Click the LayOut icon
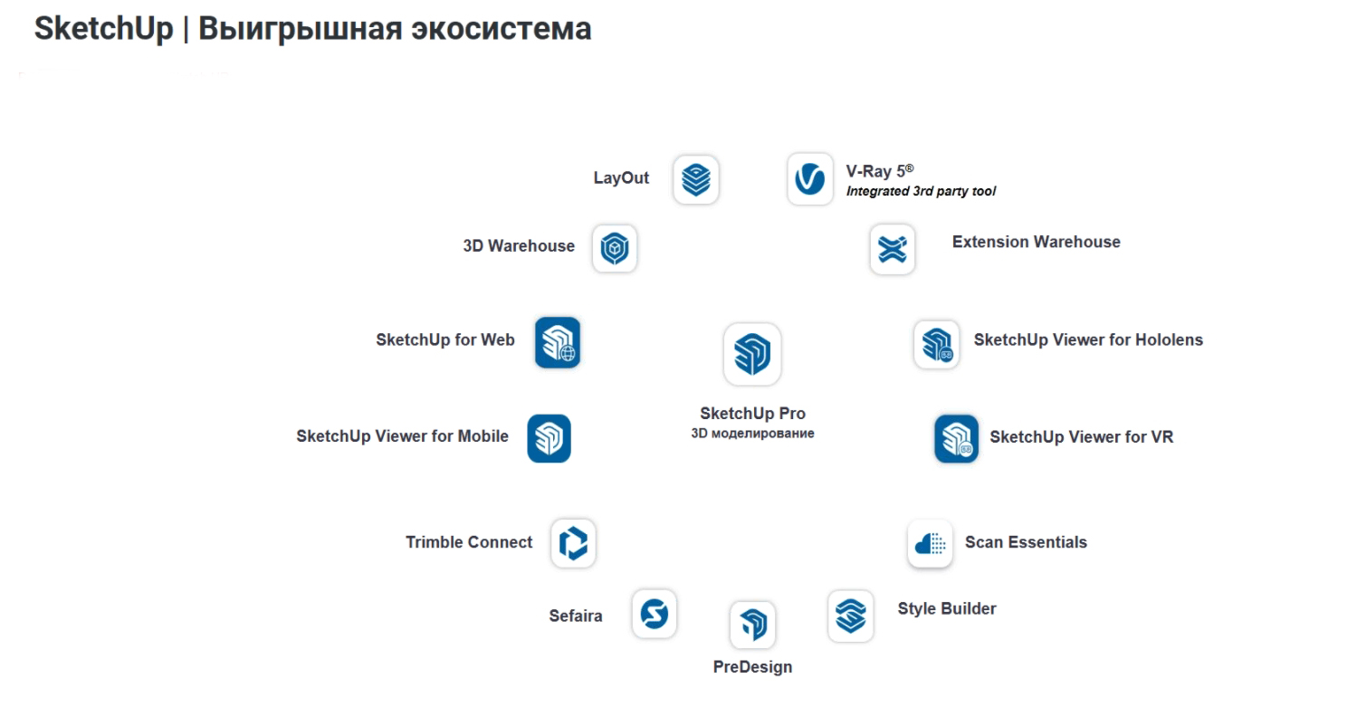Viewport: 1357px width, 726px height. coord(696,179)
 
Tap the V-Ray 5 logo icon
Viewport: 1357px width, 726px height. coord(810,178)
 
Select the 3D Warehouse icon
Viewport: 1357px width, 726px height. coord(615,248)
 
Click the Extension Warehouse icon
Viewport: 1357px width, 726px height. coord(893,249)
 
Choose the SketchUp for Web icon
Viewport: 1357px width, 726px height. coord(558,342)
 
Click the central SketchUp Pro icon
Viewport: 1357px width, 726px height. coord(752,354)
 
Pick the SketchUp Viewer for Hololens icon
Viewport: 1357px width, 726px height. coord(937,344)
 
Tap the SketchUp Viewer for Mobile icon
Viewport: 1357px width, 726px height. coord(549,438)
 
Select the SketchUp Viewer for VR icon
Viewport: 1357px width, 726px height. coord(957,439)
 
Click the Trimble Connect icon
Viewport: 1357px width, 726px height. coord(573,543)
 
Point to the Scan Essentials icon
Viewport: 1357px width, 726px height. coord(930,543)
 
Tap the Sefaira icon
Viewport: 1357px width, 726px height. coord(655,613)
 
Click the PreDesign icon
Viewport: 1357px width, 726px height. coord(753,625)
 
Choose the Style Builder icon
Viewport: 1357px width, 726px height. coord(851,616)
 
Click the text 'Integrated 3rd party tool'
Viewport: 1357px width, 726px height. coord(921,192)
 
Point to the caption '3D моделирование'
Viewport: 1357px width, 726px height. coord(752,434)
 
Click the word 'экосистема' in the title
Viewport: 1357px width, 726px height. coord(501,29)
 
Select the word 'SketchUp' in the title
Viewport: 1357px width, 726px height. coord(103,28)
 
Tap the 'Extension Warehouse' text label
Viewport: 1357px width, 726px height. coord(1036,242)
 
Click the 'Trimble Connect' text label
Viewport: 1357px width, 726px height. coord(469,541)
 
